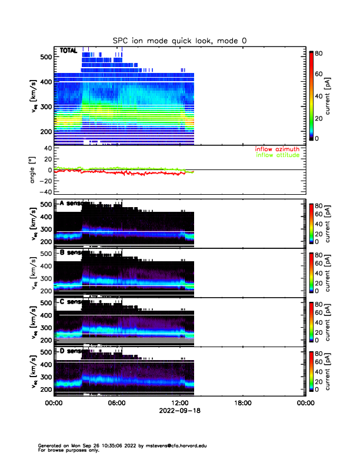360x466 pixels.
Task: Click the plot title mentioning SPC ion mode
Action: [180, 41]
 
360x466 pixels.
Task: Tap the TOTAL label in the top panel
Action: [68, 51]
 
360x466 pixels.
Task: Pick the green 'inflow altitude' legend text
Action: [277, 155]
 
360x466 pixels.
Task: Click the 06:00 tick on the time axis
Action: [116, 404]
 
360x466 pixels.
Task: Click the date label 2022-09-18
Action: [179, 411]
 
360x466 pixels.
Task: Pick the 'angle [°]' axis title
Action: [34, 170]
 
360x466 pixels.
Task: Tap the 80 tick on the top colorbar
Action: [320, 52]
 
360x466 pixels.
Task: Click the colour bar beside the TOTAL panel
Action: [311, 96]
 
